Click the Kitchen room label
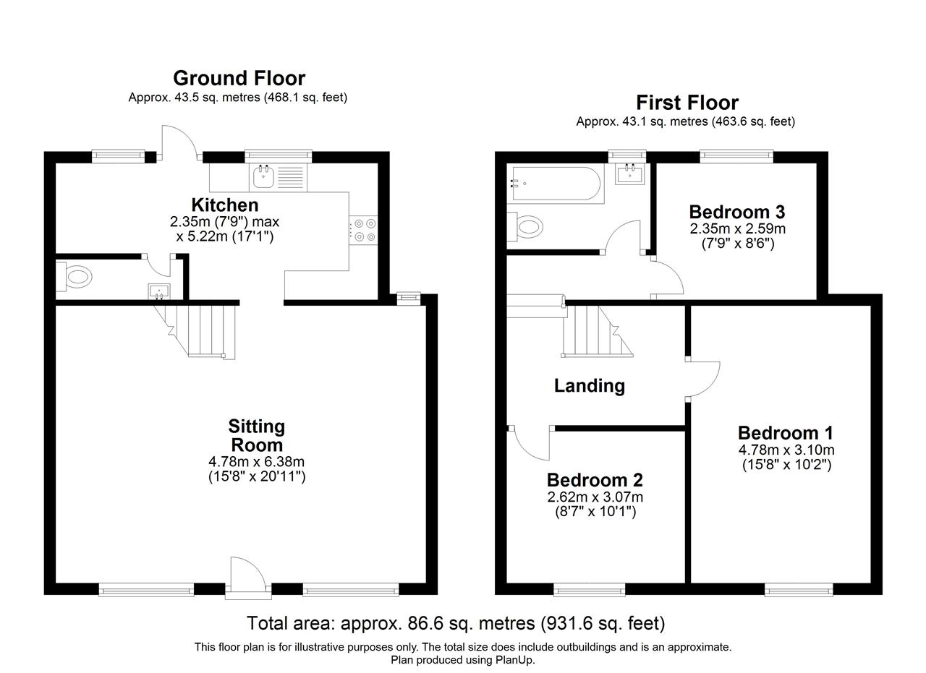click(x=225, y=205)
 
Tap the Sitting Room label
click(x=257, y=435)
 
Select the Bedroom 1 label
click(x=786, y=433)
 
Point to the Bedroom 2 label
click(x=595, y=480)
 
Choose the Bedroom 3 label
click(x=737, y=212)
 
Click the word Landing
click(x=590, y=386)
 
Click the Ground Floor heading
click(x=239, y=77)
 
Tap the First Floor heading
click(x=687, y=103)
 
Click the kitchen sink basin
click(x=263, y=177)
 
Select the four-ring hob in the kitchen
click(x=363, y=231)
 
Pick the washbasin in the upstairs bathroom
click(x=629, y=173)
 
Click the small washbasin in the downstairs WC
click(x=159, y=291)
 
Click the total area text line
click(x=456, y=623)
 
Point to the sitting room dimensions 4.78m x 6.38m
click(x=256, y=461)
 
